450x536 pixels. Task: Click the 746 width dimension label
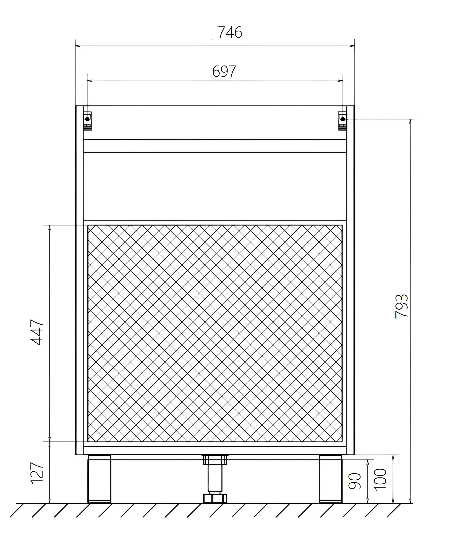coord(229,32)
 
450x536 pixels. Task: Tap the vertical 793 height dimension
coord(402,306)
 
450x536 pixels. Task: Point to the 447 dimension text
coord(37,332)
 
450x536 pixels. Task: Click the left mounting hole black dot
coord(87,119)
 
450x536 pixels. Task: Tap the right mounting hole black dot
coord(343,119)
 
